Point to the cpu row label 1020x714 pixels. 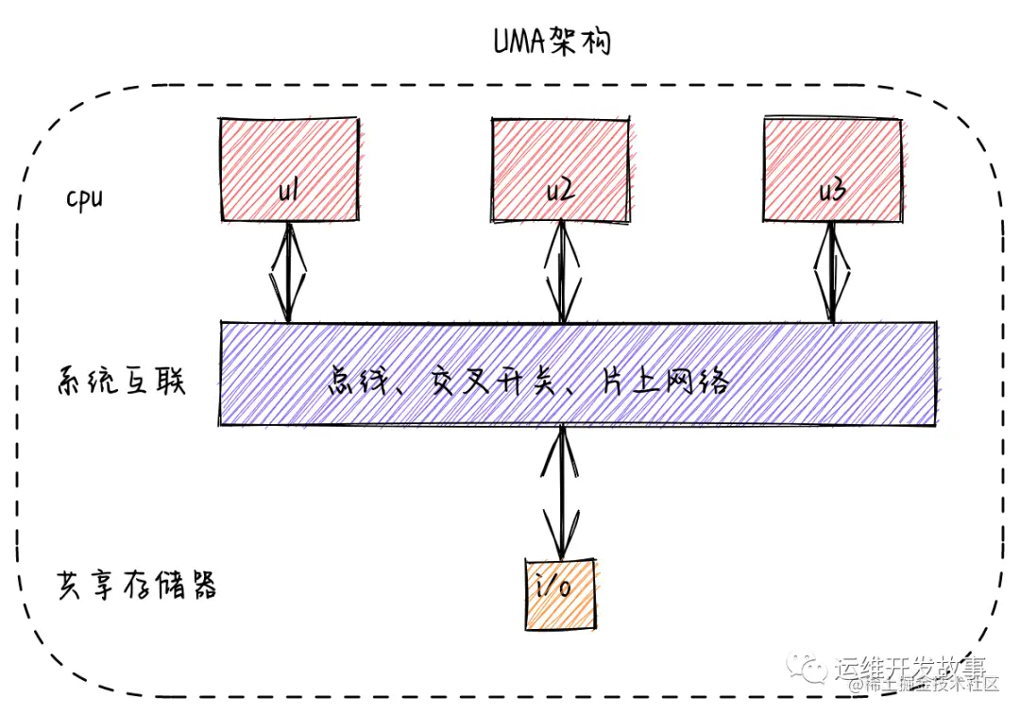84,199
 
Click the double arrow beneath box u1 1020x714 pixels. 288,271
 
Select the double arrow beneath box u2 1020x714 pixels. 563,271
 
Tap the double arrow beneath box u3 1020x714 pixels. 832,271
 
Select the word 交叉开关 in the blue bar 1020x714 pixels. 493,383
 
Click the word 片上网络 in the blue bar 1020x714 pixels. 665,383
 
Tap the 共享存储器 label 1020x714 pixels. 137,586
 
